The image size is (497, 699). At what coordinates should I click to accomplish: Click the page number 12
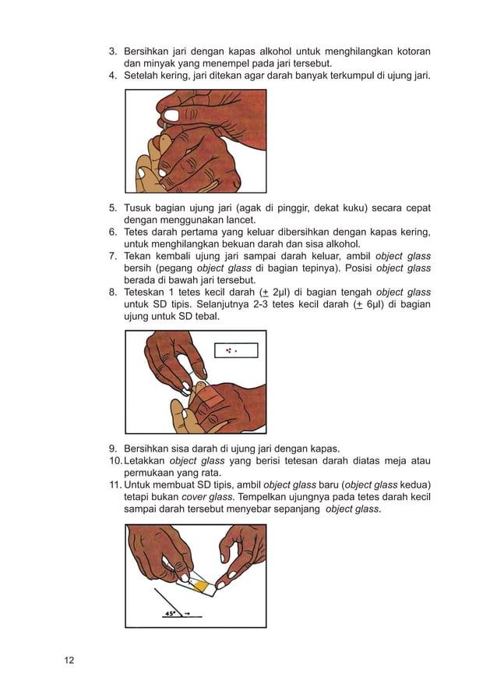tap(69, 661)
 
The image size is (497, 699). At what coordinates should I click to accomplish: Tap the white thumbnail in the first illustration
tap(171, 115)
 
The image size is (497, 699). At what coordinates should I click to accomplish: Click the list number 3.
tap(111, 52)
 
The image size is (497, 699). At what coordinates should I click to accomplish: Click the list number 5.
tap(111, 208)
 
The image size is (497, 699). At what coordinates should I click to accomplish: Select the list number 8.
tap(111, 293)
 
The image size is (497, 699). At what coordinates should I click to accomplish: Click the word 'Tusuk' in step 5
tap(138, 208)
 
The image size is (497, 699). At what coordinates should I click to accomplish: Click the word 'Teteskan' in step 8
tap(146, 293)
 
